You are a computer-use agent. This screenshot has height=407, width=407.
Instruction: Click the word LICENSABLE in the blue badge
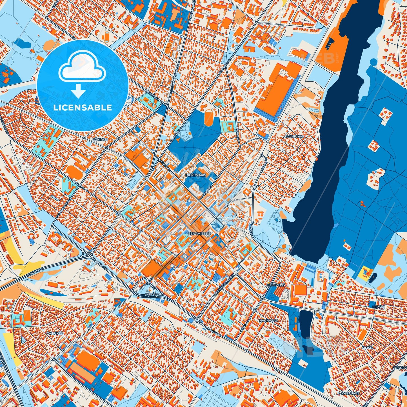83,108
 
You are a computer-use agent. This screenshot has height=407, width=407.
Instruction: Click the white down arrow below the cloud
78,91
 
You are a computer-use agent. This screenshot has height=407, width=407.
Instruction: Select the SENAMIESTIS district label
199,233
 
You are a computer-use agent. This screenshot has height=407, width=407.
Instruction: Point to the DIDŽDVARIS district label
196,175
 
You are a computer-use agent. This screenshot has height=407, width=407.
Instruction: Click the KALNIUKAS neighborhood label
294,136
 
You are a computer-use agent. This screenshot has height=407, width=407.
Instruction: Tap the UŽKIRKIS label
100,139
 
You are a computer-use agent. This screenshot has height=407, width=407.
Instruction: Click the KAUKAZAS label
268,321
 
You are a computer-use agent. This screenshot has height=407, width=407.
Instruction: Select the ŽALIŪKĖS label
55,333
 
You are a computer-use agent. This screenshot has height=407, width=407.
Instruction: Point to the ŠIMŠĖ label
367,348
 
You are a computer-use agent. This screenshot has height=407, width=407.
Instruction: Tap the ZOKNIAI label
400,368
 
